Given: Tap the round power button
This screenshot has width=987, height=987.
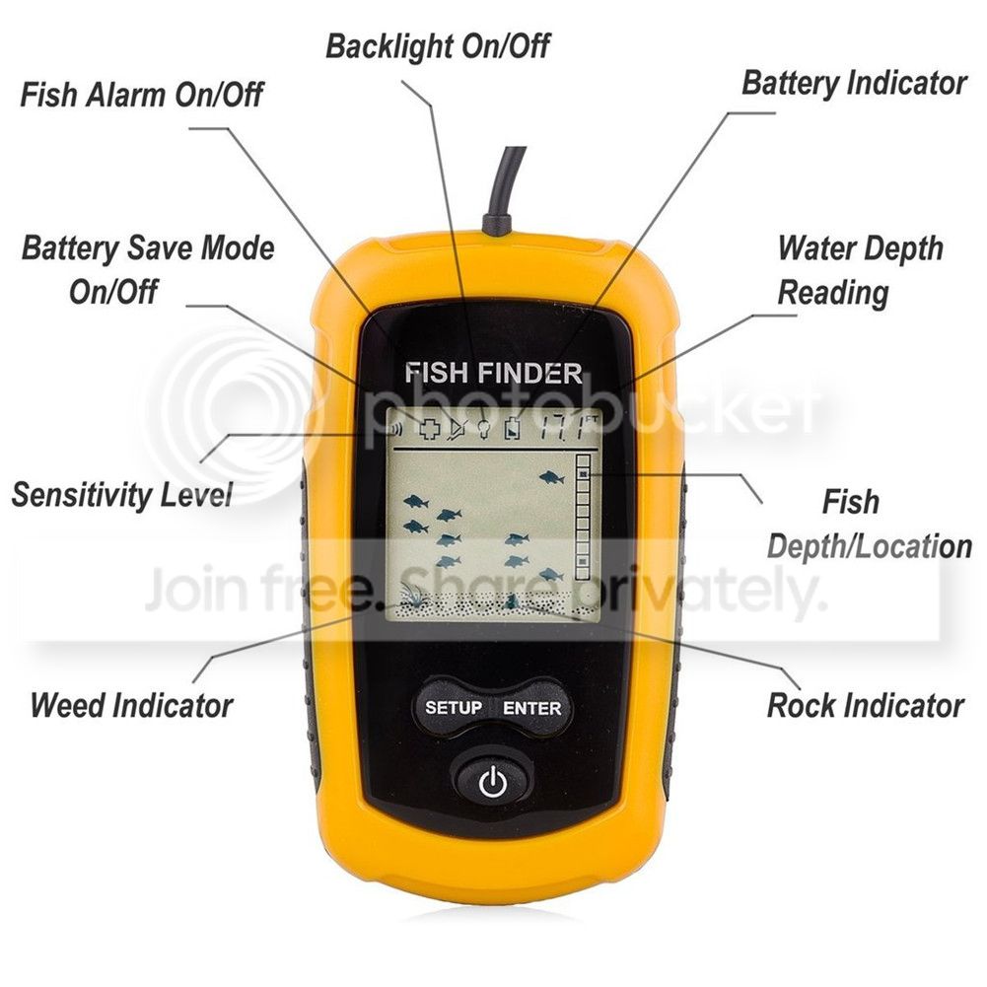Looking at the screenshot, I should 492,784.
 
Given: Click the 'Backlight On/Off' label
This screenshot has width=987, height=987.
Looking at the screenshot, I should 438,45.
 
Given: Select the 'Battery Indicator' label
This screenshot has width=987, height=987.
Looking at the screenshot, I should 854,83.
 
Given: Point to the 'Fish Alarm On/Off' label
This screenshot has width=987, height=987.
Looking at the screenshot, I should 142,96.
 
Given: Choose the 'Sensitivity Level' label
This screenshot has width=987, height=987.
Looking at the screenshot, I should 122,494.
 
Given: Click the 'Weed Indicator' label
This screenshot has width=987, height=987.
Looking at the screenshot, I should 131,705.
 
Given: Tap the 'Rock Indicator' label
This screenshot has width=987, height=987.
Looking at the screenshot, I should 865,705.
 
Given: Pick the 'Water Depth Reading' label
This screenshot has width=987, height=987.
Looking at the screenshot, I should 860,269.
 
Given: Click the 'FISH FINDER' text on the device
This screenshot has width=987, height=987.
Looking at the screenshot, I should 493,374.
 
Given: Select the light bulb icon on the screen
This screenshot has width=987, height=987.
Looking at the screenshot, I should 484,429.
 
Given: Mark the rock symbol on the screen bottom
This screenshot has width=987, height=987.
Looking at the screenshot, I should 513,600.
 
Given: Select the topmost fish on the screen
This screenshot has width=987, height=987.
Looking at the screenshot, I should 551,478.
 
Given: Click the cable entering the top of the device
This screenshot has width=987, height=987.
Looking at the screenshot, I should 509,182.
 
